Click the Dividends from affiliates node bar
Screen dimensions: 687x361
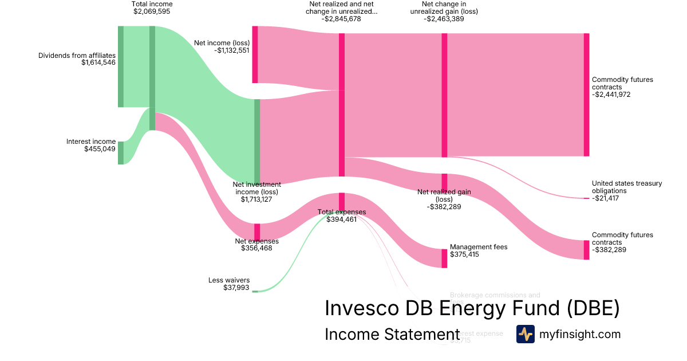[x=121, y=66]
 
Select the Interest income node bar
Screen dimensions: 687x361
[x=121, y=152]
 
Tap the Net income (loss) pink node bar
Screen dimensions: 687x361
[x=255, y=54]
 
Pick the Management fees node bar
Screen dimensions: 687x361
[x=444, y=258]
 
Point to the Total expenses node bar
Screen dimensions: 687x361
[x=342, y=202]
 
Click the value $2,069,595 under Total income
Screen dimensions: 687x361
[x=152, y=11]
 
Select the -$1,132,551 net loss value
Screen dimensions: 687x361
[x=232, y=50]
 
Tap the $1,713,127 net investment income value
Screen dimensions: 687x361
[x=257, y=200]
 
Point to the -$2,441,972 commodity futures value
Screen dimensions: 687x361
[x=611, y=95]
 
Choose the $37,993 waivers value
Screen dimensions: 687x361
[x=236, y=288]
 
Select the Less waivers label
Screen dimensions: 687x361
[x=229, y=280]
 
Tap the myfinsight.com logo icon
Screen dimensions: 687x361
[x=525, y=334]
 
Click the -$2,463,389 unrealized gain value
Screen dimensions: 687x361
[x=444, y=19]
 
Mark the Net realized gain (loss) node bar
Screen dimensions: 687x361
[x=444, y=182]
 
